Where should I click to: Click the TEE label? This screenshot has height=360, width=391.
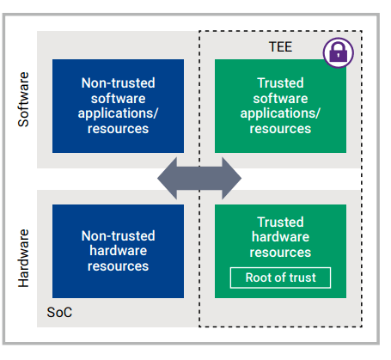click(x=280, y=46)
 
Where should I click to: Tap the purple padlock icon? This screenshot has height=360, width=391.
click(x=339, y=52)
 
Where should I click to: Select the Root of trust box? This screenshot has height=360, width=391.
click(x=280, y=278)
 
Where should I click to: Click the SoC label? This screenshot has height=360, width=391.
click(x=59, y=312)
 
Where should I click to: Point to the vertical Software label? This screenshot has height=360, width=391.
click(x=23, y=100)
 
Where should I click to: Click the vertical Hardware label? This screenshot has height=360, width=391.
click(x=23, y=258)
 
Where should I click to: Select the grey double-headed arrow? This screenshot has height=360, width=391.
click(x=199, y=178)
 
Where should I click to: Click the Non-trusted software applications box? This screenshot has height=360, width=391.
click(x=118, y=106)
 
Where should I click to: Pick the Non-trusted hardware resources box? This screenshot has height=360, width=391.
click(x=118, y=251)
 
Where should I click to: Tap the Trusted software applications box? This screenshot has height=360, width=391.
click(x=280, y=106)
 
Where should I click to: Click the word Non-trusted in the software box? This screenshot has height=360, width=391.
click(x=118, y=83)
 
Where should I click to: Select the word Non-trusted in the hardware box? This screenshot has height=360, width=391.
click(x=118, y=236)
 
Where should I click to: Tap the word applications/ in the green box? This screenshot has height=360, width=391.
click(x=280, y=113)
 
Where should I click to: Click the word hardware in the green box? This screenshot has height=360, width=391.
click(x=280, y=237)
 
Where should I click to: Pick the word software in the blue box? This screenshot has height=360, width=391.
click(x=118, y=99)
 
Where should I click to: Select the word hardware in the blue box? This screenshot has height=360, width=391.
click(x=118, y=251)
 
